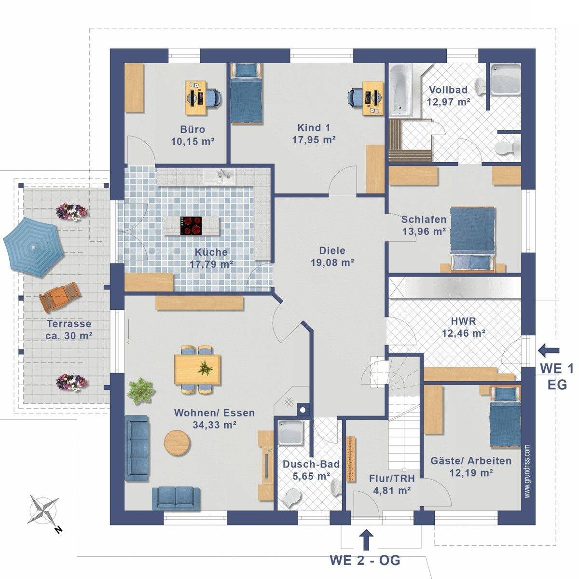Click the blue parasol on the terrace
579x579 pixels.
pyautogui.click(x=33, y=247)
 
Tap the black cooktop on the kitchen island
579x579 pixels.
pyautogui.click(x=191, y=226)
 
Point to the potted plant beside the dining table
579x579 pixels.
pyautogui.click(x=141, y=390)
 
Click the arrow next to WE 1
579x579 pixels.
pyautogui.click(x=549, y=350)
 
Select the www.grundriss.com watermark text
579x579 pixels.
pyautogui.click(x=527, y=471)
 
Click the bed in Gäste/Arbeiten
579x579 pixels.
pyautogui.click(x=505, y=418)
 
